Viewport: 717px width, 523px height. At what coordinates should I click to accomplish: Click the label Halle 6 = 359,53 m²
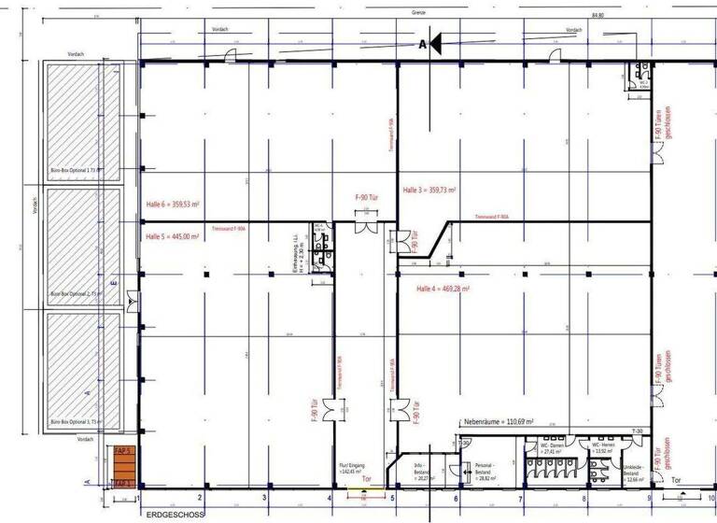(173, 205)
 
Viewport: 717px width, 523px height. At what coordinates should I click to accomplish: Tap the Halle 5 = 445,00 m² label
(172, 236)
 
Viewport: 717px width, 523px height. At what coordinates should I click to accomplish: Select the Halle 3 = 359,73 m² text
(429, 190)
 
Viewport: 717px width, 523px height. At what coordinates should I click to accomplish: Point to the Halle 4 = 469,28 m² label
(442, 290)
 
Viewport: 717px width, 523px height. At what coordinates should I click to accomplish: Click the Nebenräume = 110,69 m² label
(502, 422)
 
